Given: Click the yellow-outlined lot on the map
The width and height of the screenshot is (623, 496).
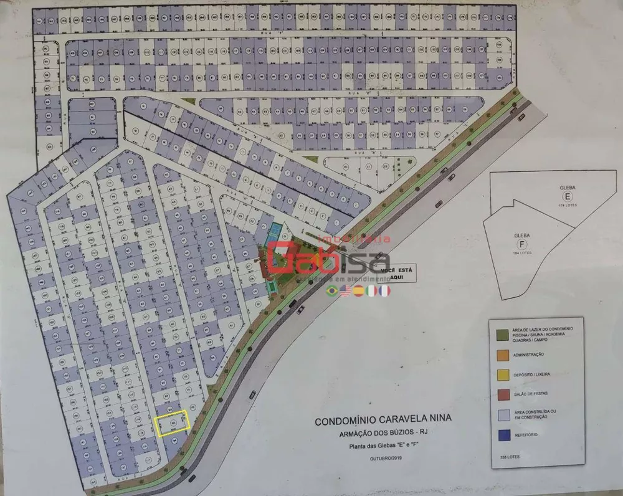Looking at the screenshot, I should tap(171, 424).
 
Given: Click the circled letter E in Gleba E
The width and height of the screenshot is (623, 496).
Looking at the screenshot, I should tap(568, 201).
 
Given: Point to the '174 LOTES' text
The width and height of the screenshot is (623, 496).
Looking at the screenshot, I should tap(568, 212).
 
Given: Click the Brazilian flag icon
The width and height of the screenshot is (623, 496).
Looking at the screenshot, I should tap(333, 291).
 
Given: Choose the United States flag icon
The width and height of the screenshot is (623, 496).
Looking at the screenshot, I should tap(346, 291).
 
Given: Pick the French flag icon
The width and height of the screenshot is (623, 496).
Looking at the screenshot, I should tap(384, 291).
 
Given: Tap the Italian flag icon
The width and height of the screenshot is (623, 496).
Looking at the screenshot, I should tap(372, 291).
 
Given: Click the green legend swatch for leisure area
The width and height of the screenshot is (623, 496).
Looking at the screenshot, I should tap(501, 333).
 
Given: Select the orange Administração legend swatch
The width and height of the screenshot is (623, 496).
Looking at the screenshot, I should tap(501, 354).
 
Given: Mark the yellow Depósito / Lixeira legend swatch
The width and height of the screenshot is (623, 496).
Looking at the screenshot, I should tap(501, 374).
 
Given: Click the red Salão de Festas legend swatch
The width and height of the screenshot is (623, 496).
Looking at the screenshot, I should tap(501, 394).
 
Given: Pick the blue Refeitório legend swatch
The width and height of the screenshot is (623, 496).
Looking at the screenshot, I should tap(501, 434).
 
